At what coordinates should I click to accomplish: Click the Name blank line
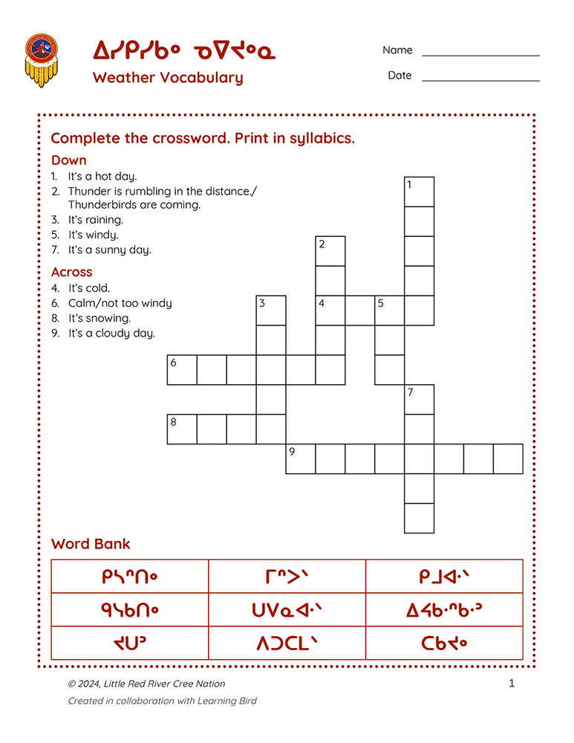480,55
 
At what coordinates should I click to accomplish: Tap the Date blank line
480,80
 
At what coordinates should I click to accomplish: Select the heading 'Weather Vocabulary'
168,77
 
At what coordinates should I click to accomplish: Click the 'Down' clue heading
68,160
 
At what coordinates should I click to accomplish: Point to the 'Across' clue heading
71,272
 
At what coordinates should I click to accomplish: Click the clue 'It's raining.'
95,220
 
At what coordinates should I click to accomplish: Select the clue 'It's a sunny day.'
109,250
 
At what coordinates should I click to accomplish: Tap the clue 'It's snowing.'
100,318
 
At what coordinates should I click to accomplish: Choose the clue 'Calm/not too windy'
120,303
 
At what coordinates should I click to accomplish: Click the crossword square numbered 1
419,192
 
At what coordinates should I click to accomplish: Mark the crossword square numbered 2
330,251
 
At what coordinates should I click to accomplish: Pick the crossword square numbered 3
271,311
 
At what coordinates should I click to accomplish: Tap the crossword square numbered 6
182,370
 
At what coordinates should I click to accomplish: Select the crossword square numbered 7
419,400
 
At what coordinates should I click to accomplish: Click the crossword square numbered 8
182,429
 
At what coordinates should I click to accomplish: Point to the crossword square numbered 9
301,459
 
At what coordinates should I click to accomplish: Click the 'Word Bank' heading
91,544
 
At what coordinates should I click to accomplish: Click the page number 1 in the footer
512,684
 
